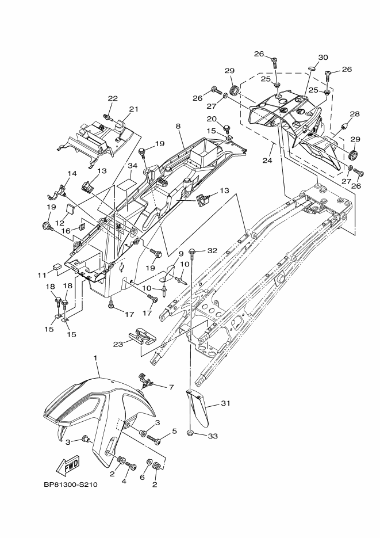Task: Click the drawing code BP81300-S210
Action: (71, 485)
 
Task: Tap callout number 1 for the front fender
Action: (95, 358)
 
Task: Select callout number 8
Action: (178, 126)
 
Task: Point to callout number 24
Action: (267, 160)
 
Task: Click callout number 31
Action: (225, 403)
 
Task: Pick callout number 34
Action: (133, 166)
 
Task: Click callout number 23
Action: (118, 344)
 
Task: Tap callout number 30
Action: (323, 58)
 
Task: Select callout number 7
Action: (171, 387)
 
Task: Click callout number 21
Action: (133, 109)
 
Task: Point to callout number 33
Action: (213, 436)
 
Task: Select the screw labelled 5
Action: (153, 439)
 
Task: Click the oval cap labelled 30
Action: (312, 69)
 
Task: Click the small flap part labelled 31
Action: (198, 409)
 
